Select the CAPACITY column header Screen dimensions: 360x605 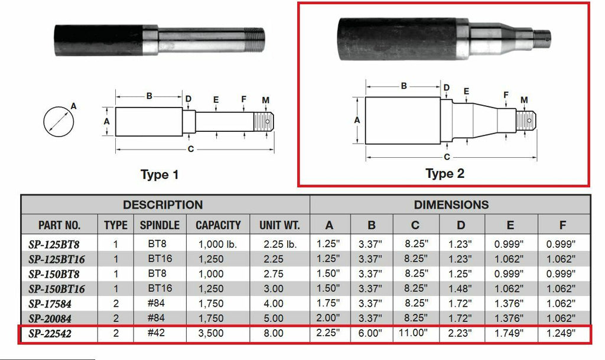pyautogui.click(x=218, y=225)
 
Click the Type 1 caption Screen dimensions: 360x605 pyautogui.click(x=159, y=174)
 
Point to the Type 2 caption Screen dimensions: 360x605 pyautogui.click(x=444, y=173)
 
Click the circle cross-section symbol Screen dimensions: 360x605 pyautogui.click(x=60, y=121)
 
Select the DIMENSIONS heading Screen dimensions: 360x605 pyautogui.click(x=451, y=205)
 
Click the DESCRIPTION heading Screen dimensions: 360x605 pyautogui.click(x=162, y=205)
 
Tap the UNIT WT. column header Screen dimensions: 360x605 pyautogui.click(x=279, y=225)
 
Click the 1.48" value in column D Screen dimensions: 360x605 pyautogui.click(x=461, y=288)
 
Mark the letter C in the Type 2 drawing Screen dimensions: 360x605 pyautogui.click(x=447, y=157)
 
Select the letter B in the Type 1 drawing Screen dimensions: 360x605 pyautogui.click(x=149, y=96)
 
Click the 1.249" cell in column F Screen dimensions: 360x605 pyautogui.click(x=562, y=333)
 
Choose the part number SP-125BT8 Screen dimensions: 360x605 pyautogui.click(x=54, y=244)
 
